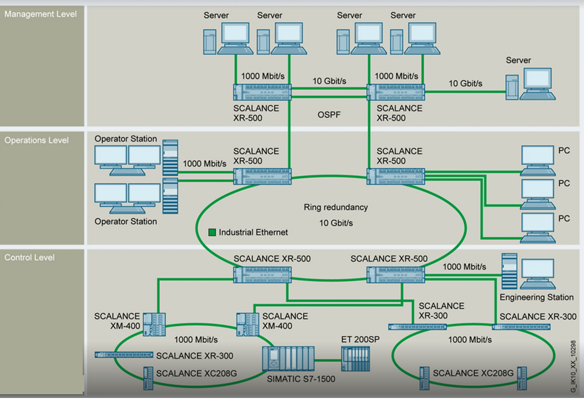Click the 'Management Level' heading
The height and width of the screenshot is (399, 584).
(x=40, y=14)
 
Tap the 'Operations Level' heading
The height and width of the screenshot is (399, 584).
(x=37, y=141)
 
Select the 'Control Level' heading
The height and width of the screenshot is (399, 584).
(x=30, y=258)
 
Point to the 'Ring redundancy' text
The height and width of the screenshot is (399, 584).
(x=335, y=207)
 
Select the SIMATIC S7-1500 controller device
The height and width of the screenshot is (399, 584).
(x=288, y=358)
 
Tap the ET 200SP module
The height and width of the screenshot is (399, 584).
(x=355, y=359)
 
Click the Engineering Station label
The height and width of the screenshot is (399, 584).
(x=536, y=297)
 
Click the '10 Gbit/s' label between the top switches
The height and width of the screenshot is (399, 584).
(x=329, y=81)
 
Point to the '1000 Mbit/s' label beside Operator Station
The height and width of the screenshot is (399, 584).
(x=204, y=163)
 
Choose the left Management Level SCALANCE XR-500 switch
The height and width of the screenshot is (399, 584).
(x=263, y=92)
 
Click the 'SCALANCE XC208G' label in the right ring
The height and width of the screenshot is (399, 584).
(x=473, y=373)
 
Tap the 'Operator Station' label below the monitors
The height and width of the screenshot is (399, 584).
(x=126, y=221)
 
